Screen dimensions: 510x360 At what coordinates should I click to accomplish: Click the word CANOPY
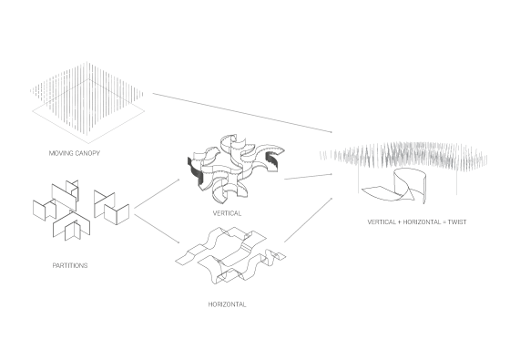pos(88,153)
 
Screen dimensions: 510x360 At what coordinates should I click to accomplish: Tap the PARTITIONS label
pos(70,265)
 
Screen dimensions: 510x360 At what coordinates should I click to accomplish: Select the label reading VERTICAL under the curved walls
pos(227,213)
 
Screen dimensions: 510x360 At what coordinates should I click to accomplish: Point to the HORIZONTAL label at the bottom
pos(227,304)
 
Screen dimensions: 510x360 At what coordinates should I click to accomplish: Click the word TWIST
pos(457,222)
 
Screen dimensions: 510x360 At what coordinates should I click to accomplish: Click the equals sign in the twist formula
pos(444,222)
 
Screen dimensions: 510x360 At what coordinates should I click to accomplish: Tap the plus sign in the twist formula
pos(400,222)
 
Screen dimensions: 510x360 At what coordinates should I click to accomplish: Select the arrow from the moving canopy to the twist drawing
pos(242,113)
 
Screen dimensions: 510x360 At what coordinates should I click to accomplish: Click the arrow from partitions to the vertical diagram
pos(157,192)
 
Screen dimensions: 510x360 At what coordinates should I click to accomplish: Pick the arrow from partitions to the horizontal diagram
pos(157,229)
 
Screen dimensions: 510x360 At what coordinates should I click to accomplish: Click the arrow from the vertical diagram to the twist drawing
pos(309,177)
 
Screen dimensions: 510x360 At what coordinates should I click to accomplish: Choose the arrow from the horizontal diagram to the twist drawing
pos(309,220)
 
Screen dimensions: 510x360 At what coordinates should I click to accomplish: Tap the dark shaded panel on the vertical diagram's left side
pos(195,172)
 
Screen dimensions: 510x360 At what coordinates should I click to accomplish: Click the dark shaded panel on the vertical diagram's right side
pos(272,160)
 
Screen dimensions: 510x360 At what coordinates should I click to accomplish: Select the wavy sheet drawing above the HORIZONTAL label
pos(230,255)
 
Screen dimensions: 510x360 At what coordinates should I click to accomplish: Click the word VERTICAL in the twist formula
pos(382,222)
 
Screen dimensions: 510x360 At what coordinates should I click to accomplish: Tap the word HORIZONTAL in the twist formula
pos(422,222)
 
